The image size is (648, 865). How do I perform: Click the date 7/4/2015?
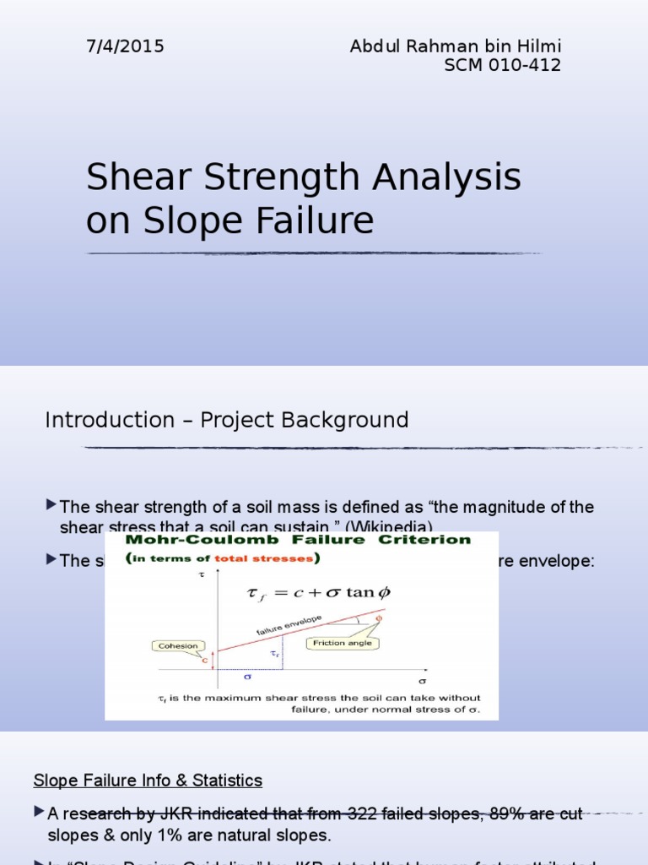coord(124,46)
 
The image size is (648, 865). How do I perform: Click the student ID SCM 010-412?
coord(502,66)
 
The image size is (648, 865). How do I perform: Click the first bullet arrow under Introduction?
coord(51,505)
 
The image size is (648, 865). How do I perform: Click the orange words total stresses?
coord(260,558)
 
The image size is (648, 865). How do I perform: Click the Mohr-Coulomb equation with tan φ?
coord(318,593)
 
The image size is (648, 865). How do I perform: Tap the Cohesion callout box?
coord(178,646)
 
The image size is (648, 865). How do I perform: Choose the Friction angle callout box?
coord(342,644)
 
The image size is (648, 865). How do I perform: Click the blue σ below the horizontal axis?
coord(248,677)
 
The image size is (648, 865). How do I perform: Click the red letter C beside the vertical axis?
coord(204,660)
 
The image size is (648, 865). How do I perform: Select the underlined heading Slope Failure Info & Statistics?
coord(148,780)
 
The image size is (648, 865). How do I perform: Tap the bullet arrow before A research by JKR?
coord(39,813)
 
